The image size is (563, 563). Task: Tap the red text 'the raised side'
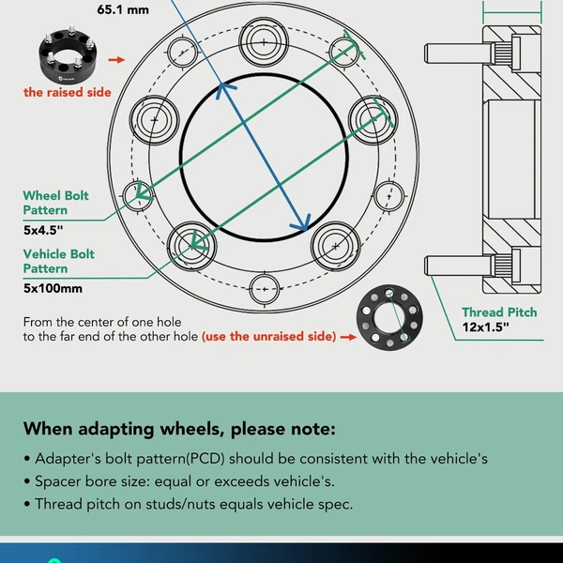click(68, 92)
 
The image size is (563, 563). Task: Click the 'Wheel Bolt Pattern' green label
click(56, 203)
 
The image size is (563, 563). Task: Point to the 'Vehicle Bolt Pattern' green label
click(59, 261)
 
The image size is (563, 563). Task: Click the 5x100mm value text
click(53, 288)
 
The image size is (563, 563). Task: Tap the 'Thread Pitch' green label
click(499, 312)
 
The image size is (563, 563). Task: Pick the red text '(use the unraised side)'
click(268, 335)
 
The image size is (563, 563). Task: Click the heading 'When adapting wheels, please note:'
click(178, 430)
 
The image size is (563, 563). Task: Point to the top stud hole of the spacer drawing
click(266, 41)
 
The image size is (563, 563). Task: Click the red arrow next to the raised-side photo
click(116, 58)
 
